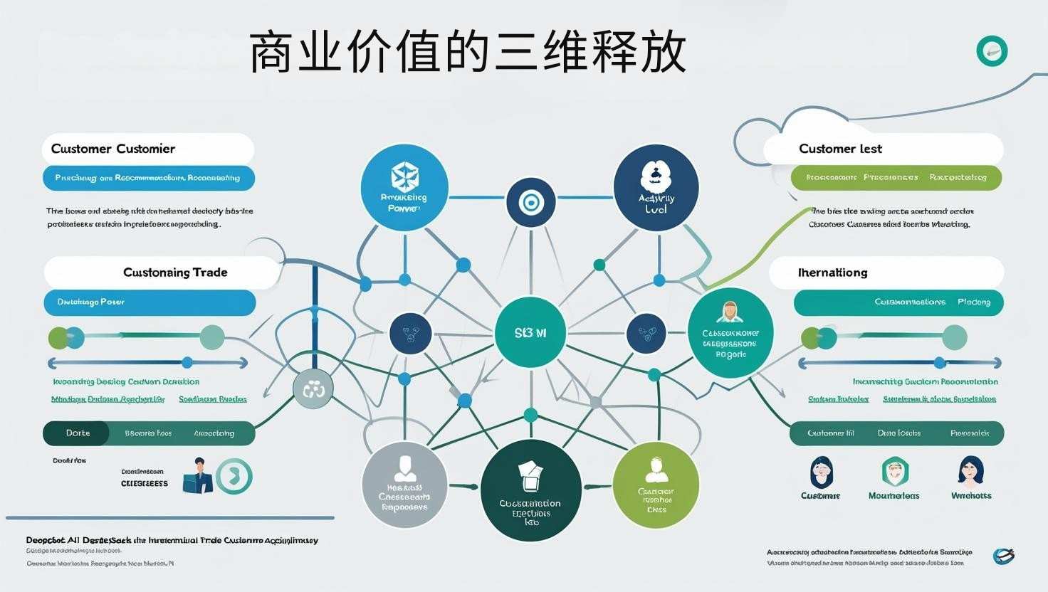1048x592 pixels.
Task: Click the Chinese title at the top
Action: (468, 52)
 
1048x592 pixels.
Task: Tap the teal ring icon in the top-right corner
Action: (992, 51)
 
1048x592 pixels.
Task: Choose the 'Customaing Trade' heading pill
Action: (162, 273)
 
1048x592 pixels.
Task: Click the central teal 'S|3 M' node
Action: (530, 332)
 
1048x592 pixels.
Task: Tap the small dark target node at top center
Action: (530, 203)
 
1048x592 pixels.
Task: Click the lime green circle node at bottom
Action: (656, 485)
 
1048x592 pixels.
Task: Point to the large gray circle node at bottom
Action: (405, 485)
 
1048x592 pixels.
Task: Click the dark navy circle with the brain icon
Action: (656, 188)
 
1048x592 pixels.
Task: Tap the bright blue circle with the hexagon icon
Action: (404, 188)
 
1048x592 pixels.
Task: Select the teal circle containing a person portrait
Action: (730, 332)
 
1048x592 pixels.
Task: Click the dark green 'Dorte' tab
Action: (77, 433)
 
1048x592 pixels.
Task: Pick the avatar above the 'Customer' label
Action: (822, 472)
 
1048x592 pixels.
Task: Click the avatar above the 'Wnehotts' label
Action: (970, 471)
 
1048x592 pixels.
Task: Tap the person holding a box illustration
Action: (198, 476)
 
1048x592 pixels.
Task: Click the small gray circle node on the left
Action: (313, 389)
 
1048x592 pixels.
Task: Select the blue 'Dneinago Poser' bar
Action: (150, 302)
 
